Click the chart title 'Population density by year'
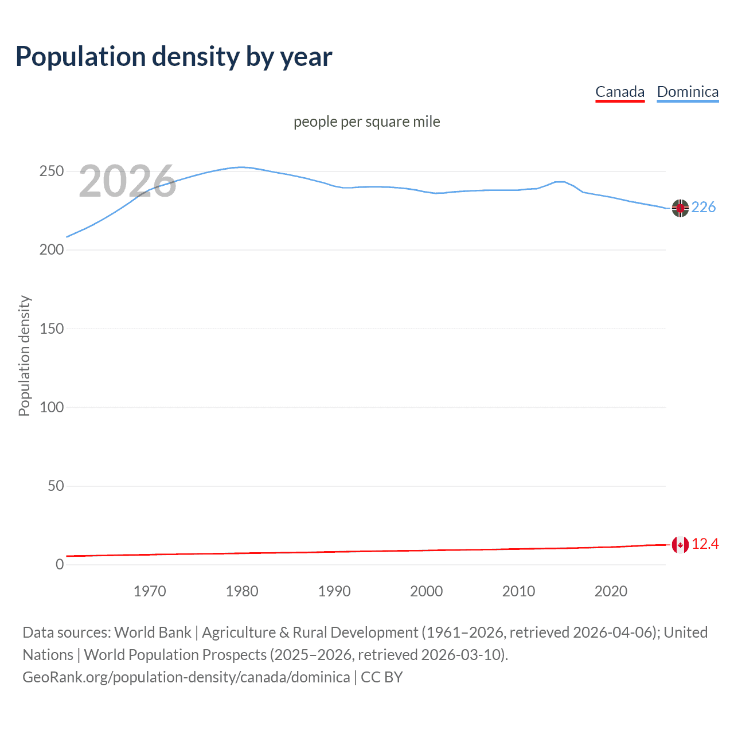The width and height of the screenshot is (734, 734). pyautogui.click(x=174, y=57)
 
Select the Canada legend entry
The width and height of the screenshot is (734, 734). pyautogui.click(x=620, y=92)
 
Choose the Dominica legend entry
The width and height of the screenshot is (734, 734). pyautogui.click(x=688, y=92)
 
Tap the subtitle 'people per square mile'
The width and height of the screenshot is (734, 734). pyautogui.click(x=366, y=122)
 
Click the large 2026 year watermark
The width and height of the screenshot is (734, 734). pyautogui.click(x=127, y=182)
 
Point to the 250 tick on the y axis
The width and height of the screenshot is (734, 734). pyautogui.click(x=52, y=171)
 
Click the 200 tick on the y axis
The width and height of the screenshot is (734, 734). pyautogui.click(x=52, y=250)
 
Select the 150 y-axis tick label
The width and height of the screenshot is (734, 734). pyautogui.click(x=52, y=329)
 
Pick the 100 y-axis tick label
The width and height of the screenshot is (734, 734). pyautogui.click(x=52, y=408)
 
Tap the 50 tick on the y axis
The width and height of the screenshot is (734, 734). pyautogui.click(x=56, y=486)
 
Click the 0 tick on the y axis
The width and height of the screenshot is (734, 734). pyautogui.click(x=60, y=565)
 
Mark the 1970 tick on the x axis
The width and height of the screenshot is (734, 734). pyautogui.click(x=150, y=591)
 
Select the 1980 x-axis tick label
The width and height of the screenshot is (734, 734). pyautogui.click(x=242, y=591)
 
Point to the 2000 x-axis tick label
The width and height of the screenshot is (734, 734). pyautogui.click(x=426, y=591)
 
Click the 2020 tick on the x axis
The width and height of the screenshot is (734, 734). pyautogui.click(x=611, y=591)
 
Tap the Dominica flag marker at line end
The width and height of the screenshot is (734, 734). pyautogui.click(x=680, y=208)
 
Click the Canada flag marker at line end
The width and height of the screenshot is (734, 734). pyautogui.click(x=680, y=545)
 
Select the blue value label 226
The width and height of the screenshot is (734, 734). pyautogui.click(x=704, y=208)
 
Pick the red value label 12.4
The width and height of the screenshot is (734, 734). pyautogui.click(x=705, y=544)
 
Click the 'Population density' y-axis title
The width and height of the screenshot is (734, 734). pyautogui.click(x=24, y=356)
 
